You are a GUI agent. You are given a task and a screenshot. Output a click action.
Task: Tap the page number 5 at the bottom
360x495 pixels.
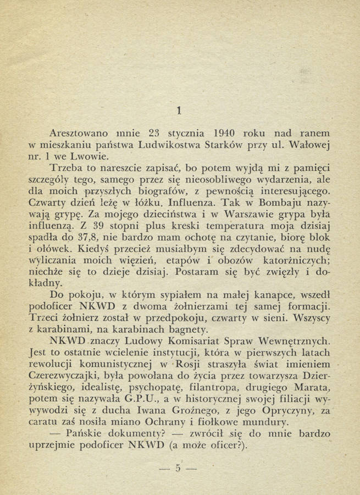pos(178,469)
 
